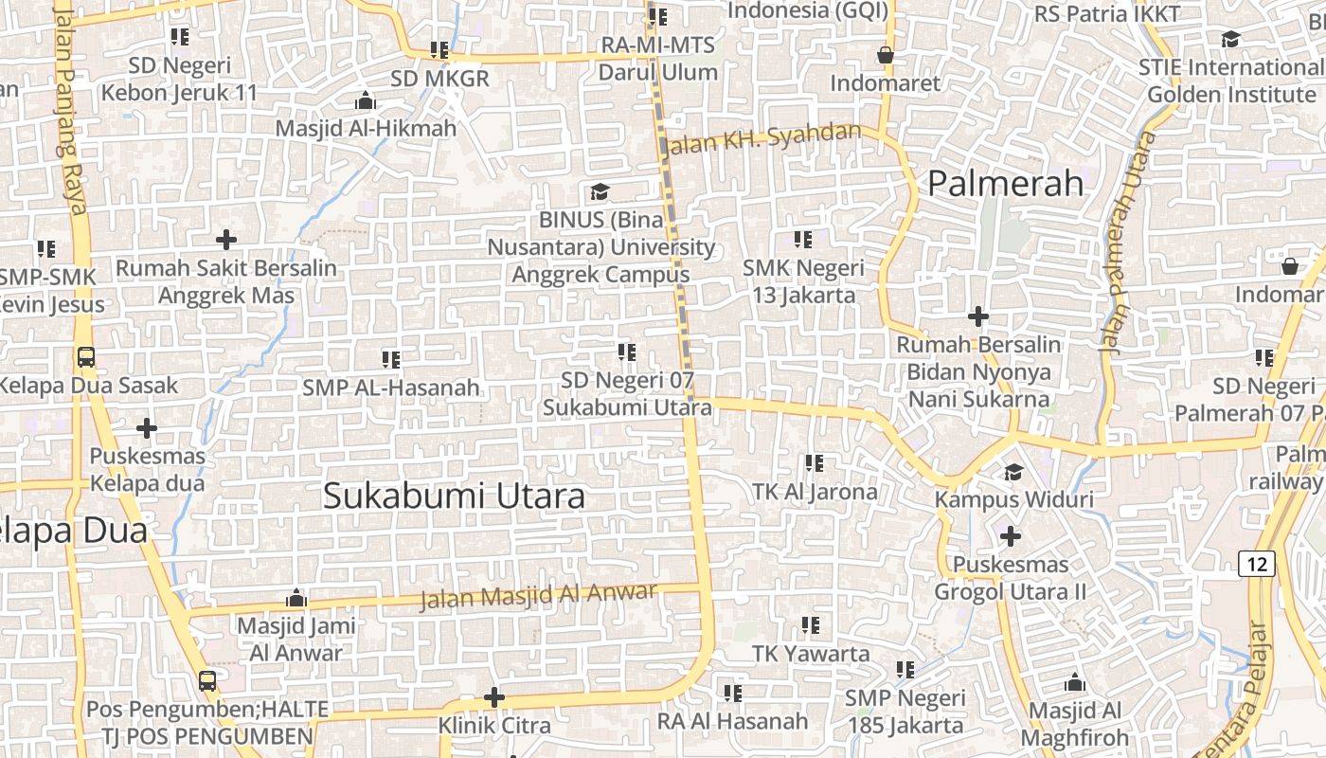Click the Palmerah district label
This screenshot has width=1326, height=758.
click(x=1005, y=183)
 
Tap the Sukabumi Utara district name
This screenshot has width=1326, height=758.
click(x=454, y=496)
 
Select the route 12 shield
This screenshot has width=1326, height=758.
click(x=1257, y=564)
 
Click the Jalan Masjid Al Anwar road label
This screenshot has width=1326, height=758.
click(x=538, y=596)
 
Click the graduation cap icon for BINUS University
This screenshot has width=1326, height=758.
click(x=600, y=192)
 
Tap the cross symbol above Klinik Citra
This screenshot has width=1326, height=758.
click(x=493, y=697)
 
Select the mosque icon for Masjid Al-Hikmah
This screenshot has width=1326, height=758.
click(x=366, y=100)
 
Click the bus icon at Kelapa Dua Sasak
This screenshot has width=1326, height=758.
click(x=86, y=357)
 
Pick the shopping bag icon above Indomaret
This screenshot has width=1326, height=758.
click(x=886, y=55)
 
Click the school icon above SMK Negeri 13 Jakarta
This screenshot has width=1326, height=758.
click(x=803, y=239)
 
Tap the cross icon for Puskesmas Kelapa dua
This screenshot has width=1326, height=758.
click(x=147, y=428)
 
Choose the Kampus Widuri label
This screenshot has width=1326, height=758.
click(x=1013, y=499)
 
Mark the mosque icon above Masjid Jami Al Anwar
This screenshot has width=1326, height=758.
click(x=296, y=598)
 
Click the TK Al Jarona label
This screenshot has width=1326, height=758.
click(x=815, y=492)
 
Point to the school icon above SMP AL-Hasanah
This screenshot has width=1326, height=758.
click(x=391, y=359)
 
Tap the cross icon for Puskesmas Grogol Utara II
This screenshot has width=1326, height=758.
click(x=1011, y=536)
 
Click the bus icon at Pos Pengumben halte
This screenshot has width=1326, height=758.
click(x=207, y=680)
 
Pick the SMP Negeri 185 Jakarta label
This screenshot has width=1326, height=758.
click(x=904, y=713)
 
